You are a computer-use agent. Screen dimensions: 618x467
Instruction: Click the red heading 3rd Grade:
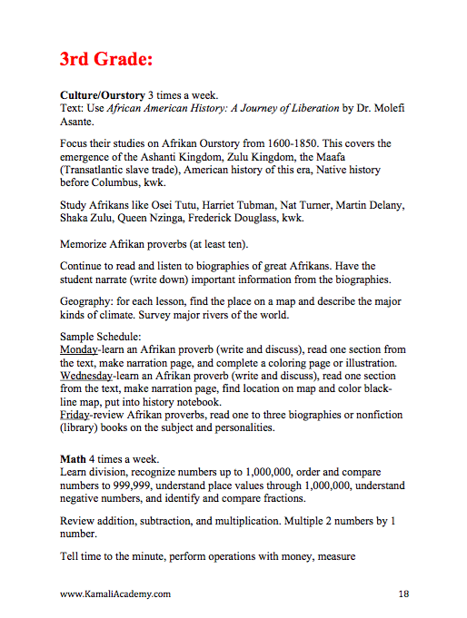106,59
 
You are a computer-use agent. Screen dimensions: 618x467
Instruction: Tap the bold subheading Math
75,459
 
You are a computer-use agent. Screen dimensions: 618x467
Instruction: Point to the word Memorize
85,244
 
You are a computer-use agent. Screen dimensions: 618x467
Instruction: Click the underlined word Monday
79,350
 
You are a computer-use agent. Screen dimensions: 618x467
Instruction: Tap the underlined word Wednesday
88,375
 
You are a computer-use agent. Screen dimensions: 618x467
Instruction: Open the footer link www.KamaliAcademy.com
115,594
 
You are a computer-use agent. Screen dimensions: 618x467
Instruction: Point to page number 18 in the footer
403,594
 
